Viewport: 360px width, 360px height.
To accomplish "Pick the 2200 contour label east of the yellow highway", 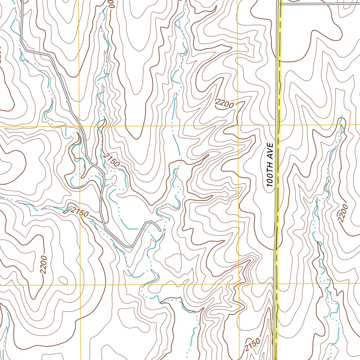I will click(343, 213).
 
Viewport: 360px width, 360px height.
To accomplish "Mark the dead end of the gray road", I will click(161, 231).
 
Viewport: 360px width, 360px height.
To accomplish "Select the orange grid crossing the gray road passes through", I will click(80, 126).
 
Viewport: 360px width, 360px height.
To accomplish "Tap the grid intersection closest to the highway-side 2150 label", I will click(239, 284).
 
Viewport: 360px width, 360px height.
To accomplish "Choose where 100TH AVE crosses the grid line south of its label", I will click(276, 284).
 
